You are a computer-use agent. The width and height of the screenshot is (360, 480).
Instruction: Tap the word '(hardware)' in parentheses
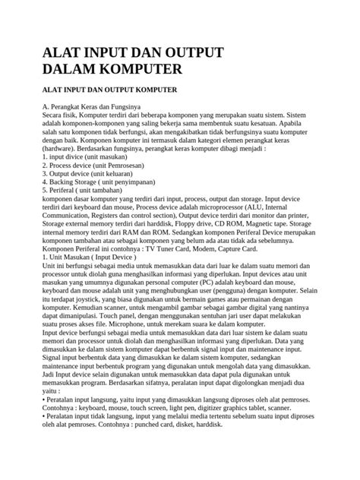tap(60, 150)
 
